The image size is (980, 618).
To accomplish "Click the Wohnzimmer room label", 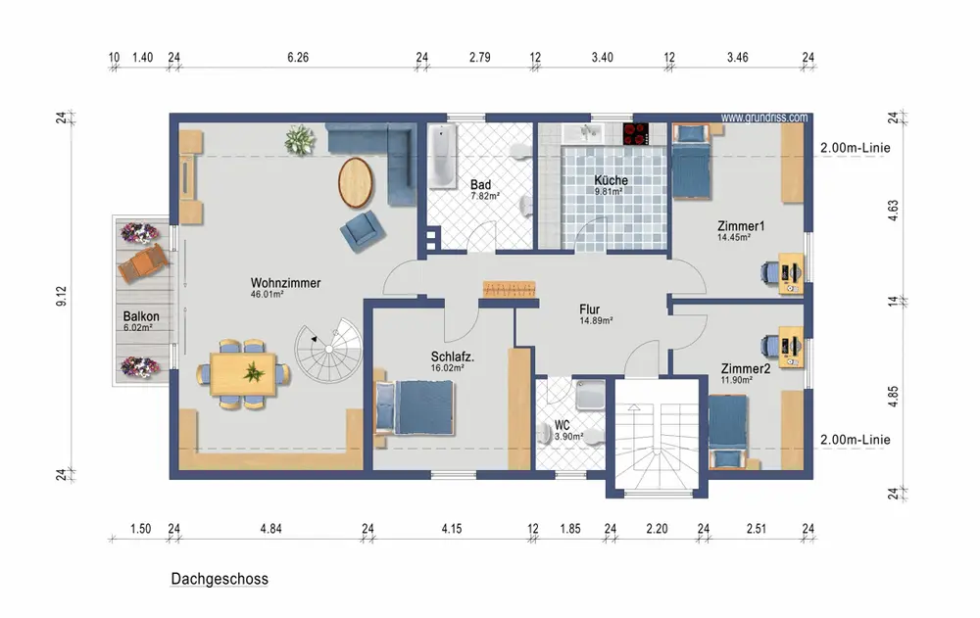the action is tap(285, 283).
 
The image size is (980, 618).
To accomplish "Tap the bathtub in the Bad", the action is tap(443, 157).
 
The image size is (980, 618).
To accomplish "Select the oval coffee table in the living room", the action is tap(356, 182).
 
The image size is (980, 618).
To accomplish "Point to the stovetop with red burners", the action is tap(636, 134).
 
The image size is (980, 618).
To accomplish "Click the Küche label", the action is tap(611, 180).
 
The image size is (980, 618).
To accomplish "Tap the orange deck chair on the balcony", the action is tap(144, 263).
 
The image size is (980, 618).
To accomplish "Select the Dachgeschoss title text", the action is tap(220, 579).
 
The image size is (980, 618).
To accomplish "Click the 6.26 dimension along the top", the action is tap(298, 58).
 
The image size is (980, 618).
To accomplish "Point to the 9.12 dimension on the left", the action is tap(61, 296).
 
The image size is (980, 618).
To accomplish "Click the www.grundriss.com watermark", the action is tap(763, 118).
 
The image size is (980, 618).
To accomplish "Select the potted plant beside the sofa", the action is tap(299, 139).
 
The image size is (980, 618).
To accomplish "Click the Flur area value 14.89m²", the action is tap(596, 320).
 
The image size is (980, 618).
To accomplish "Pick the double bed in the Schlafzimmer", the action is tap(414, 407).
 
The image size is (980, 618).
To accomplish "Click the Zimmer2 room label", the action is tap(746, 368).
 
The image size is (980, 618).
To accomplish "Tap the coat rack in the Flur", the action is tap(510, 289).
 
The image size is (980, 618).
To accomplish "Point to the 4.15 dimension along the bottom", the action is tap(451, 529).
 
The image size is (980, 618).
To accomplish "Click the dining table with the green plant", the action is tap(243, 374).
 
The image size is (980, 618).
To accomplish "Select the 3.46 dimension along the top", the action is tap(738, 58).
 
